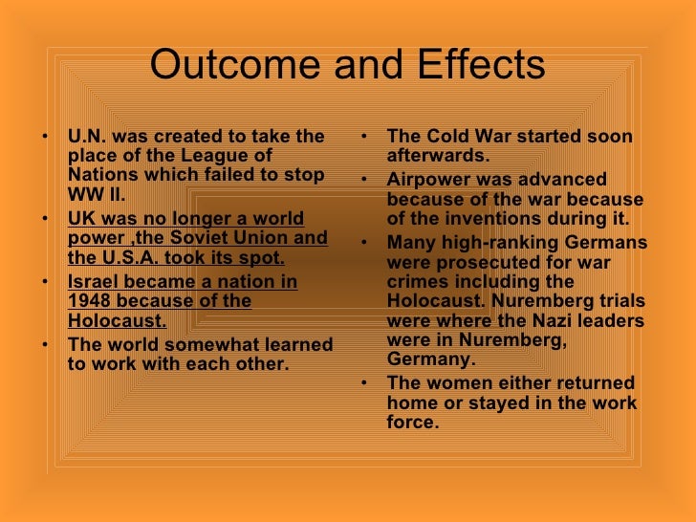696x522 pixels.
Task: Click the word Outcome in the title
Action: click(226, 66)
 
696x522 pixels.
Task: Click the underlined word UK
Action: click(82, 218)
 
